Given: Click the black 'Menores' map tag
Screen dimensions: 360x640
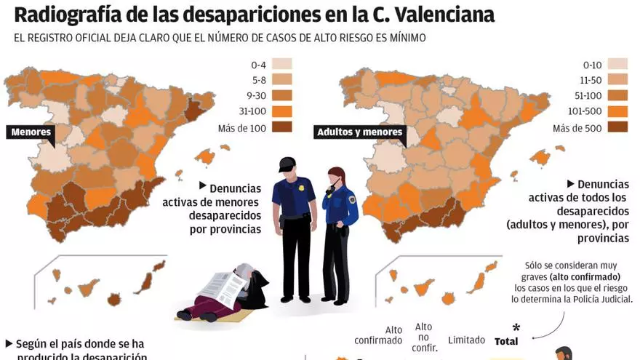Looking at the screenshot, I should pos(31,132).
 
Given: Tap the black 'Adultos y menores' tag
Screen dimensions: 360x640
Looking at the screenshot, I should pos(359,132).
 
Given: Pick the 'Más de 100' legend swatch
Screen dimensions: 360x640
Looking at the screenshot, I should pos(282,127).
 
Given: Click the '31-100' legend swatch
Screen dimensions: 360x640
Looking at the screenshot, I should pos(282,111).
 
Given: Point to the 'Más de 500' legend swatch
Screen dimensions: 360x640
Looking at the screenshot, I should pos(617,127).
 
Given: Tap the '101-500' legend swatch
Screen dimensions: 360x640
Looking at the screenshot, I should pos(617,111).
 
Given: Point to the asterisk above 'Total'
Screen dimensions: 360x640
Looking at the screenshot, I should pos(516,327).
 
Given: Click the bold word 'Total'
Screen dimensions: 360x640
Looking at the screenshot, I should pos(506,341).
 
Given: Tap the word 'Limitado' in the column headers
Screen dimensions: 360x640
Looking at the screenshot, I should pos(466,340).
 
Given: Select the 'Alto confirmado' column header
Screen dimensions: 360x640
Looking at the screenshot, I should pos(378,335).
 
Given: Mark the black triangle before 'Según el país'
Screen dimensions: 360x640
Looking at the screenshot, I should pos(9,343).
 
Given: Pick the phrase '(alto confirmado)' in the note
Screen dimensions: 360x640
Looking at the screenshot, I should pos(585,277).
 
